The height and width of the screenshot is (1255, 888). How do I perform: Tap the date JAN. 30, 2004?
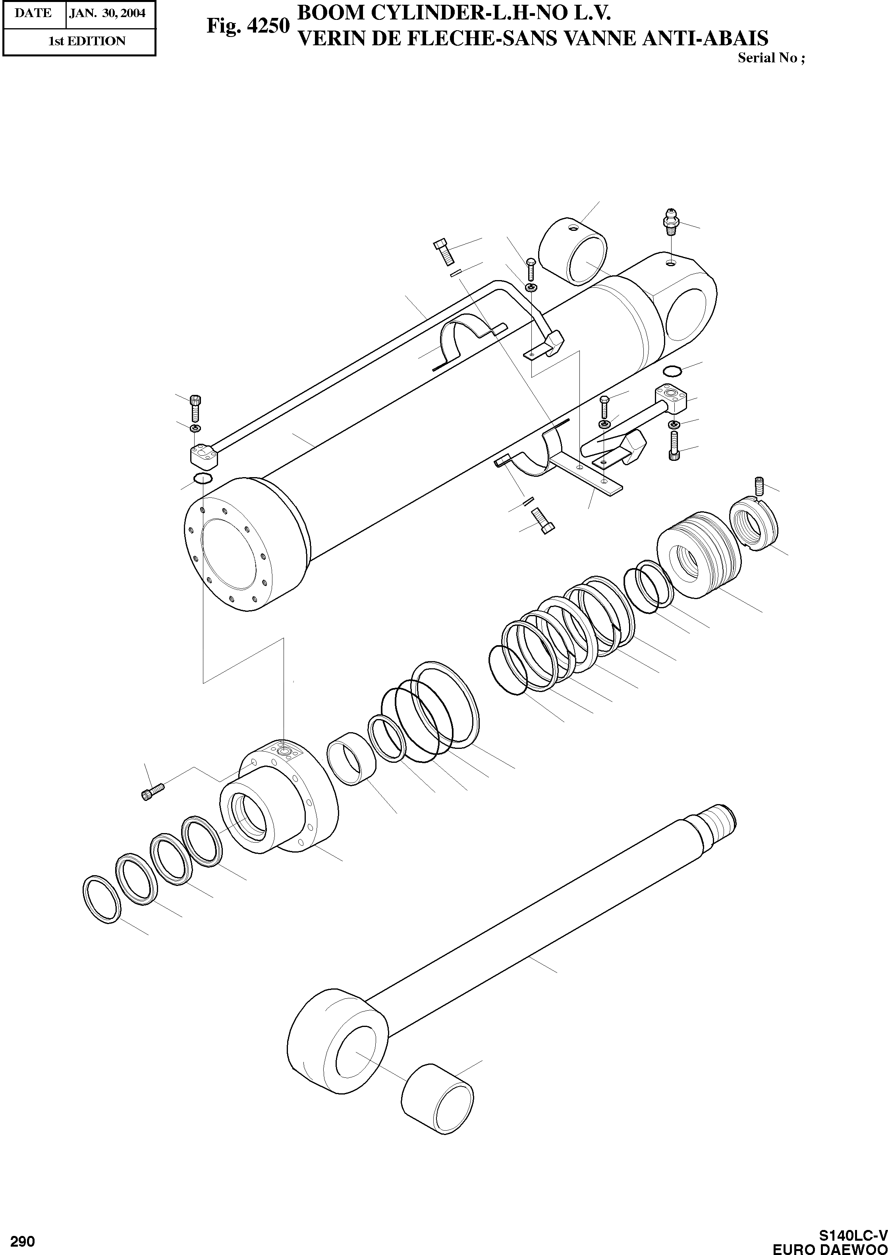point(107,14)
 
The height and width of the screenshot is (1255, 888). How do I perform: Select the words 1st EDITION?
point(87,41)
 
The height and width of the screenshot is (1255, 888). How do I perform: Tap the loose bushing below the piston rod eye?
point(437,1093)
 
